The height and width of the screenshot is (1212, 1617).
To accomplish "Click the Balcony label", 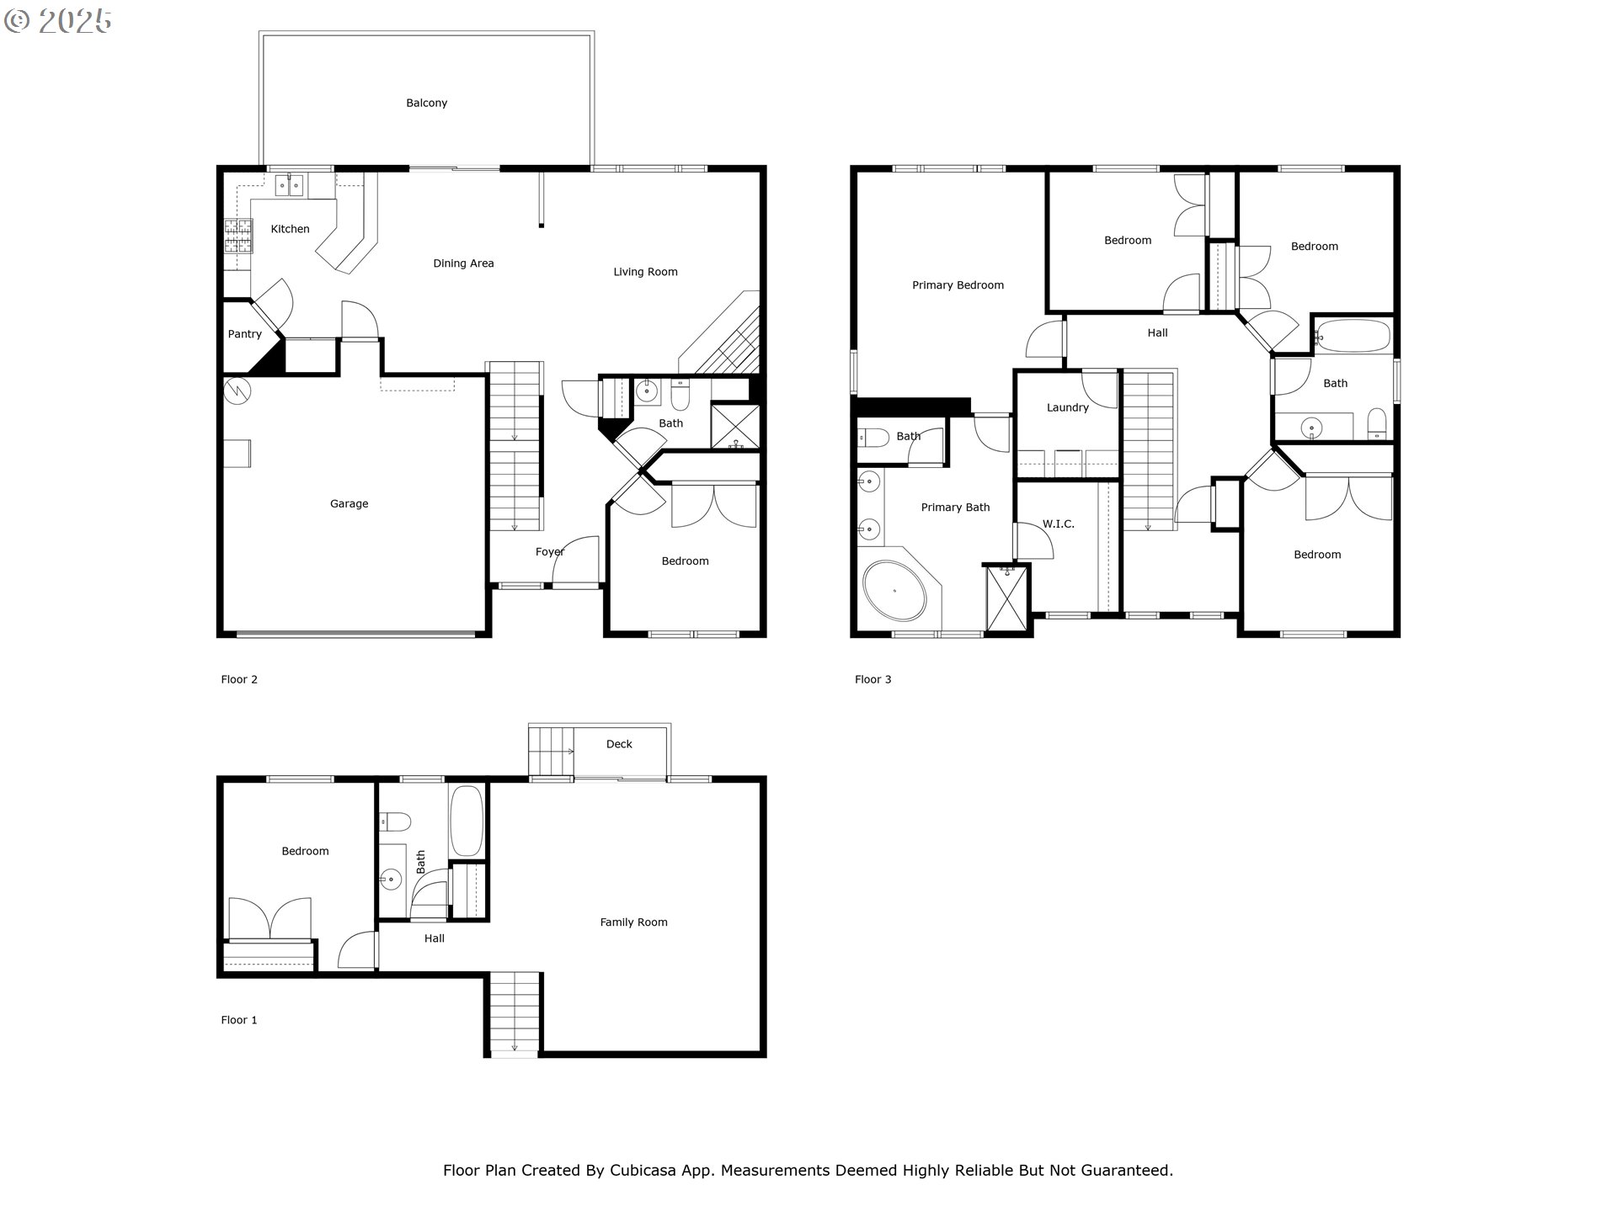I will click(x=426, y=103).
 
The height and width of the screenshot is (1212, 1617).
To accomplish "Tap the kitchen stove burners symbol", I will click(x=237, y=236).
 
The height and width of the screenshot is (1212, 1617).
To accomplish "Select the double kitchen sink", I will click(x=290, y=184).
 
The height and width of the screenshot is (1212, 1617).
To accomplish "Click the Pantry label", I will click(x=244, y=334).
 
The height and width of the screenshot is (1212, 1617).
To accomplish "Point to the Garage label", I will click(x=349, y=504).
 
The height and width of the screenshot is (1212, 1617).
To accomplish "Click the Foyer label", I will click(x=549, y=552).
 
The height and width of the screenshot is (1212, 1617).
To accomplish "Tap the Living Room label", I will click(x=645, y=272).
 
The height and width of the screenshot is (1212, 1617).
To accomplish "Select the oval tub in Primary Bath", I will click(x=894, y=591).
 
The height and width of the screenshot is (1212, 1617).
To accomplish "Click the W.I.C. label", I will click(x=1058, y=524).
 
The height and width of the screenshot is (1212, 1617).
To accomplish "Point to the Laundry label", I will click(x=1067, y=407).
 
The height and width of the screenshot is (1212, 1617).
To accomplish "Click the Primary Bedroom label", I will click(x=958, y=285).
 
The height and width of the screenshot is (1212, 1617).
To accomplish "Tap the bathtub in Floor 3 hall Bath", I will click(x=1353, y=336).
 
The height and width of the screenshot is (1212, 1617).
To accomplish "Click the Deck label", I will click(x=619, y=744).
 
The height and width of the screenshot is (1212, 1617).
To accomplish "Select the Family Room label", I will click(x=633, y=922).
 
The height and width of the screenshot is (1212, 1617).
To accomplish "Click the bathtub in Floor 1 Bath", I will click(x=467, y=821).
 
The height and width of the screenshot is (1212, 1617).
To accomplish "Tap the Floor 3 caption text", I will click(x=873, y=679).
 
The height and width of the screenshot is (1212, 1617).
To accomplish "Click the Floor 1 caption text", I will click(x=239, y=1020).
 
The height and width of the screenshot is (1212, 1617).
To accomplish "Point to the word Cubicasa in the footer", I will click(x=643, y=1170).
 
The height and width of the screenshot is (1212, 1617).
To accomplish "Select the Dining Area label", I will click(x=463, y=263).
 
